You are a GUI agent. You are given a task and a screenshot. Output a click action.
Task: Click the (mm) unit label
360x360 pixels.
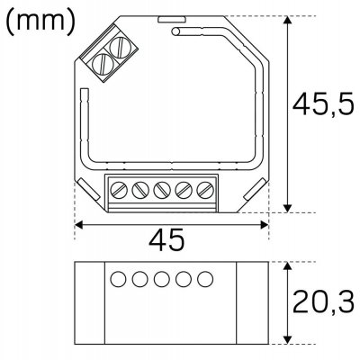(40, 22)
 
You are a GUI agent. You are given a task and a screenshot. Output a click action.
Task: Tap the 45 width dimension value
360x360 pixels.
(167, 239)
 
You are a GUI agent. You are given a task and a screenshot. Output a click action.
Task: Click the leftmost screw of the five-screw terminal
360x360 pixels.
(120, 190)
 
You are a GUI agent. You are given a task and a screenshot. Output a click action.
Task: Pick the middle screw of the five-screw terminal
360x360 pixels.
(163, 190)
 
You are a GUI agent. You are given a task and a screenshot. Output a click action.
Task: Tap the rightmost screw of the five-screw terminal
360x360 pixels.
(206, 190)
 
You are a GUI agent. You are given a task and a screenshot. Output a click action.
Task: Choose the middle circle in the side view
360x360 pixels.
(162, 278)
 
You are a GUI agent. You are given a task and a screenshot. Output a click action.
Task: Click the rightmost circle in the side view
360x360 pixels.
(205, 278)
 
